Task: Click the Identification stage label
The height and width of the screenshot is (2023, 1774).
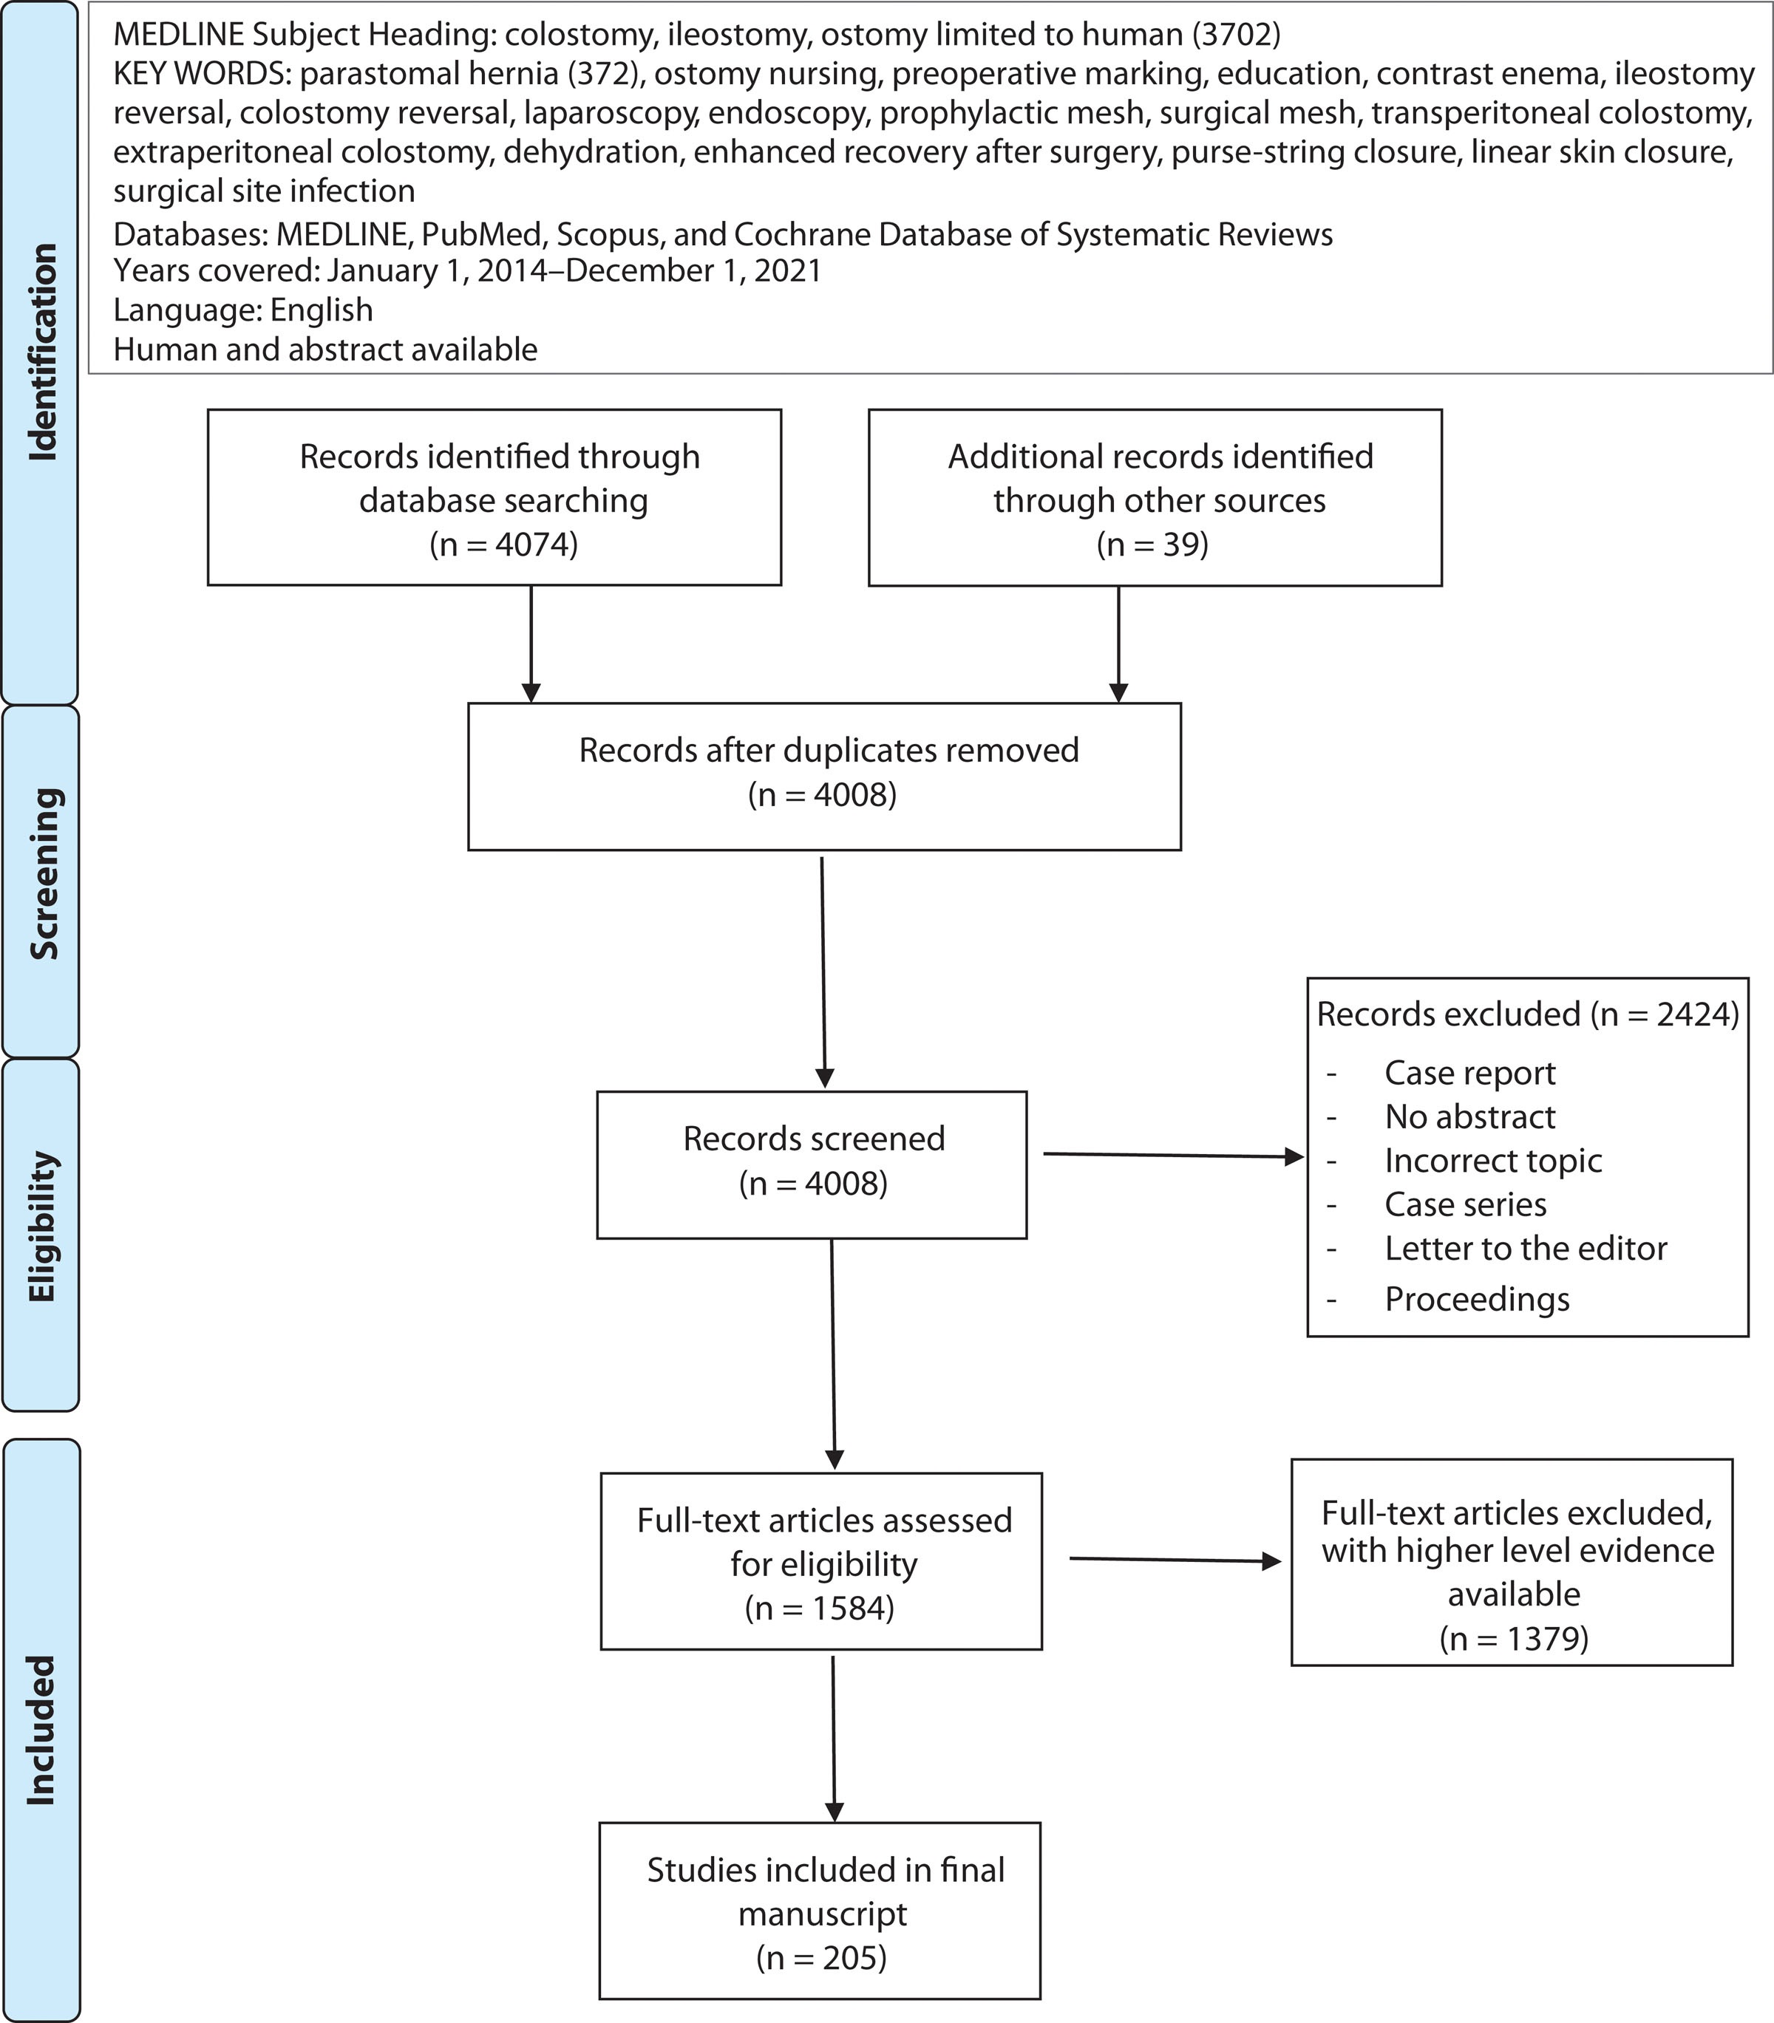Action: (x=43, y=352)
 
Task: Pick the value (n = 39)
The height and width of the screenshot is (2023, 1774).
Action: (x=1152, y=545)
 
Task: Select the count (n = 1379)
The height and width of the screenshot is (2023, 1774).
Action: (x=1514, y=1639)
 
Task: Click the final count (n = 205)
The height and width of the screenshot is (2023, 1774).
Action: (x=822, y=1958)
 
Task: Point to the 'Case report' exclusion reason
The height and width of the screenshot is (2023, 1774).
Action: (x=1470, y=1073)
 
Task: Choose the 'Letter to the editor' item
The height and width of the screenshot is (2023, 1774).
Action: (x=1526, y=1248)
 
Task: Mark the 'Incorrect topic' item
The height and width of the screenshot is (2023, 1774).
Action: (x=1493, y=1160)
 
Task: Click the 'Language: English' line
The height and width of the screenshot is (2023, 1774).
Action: (x=243, y=310)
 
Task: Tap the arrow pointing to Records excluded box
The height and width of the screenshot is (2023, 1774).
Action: (x=1174, y=1155)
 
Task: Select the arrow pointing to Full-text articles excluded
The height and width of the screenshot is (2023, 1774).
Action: (x=1176, y=1560)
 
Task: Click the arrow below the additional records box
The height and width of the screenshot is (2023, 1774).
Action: (x=1118, y=644)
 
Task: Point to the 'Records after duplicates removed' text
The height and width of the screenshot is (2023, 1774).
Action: (x=829, y=750)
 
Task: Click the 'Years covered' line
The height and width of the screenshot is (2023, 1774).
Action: (x=467, y=270)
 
